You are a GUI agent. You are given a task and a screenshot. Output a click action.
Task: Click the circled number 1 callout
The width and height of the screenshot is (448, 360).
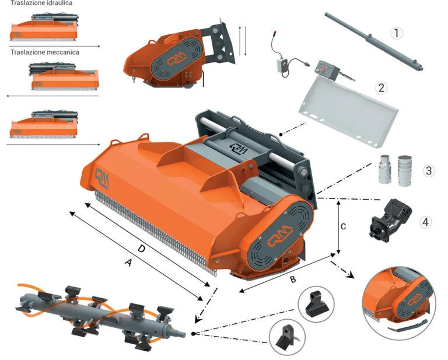tap(397, 33)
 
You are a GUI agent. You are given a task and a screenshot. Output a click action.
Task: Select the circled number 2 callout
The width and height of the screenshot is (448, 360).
tap(381, 88)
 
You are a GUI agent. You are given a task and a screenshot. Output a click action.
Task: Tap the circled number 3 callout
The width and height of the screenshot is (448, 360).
tap(429, 171)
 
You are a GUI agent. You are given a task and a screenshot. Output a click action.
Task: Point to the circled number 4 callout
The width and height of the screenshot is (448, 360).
tap(425, 222)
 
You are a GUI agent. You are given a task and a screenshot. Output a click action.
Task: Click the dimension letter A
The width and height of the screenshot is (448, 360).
tap(129, 262)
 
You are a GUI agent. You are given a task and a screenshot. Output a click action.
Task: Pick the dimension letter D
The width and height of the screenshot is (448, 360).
tap(141, 249)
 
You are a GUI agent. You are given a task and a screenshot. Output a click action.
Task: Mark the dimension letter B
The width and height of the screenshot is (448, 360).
tap(293, 279)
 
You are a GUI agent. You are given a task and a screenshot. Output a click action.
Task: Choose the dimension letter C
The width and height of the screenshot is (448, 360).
tap(343, 226)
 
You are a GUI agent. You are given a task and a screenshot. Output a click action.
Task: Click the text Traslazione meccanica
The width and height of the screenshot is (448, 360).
tap(45, 53)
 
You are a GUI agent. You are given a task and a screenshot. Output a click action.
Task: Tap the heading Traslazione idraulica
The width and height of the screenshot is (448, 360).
tap(41, 3)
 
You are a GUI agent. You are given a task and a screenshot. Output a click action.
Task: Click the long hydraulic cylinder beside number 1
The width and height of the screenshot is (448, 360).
tap(374, 41)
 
